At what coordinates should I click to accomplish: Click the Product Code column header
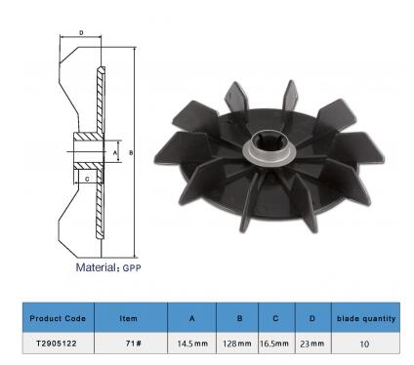(x=58, y=318)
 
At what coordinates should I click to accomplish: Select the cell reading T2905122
(x=58, y=344)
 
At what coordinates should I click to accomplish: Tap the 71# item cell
(x=131, y=344)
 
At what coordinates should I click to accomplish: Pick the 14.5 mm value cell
(x=192, y=344)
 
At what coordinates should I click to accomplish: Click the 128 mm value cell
(x=237, y=344)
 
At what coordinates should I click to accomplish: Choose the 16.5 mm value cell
(x=276, y=344)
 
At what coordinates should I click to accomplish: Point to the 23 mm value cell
(x=313, y=344)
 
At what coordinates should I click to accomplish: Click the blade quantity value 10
(x=366, y=344)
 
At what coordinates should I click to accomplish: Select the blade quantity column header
(x=366, y=318)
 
